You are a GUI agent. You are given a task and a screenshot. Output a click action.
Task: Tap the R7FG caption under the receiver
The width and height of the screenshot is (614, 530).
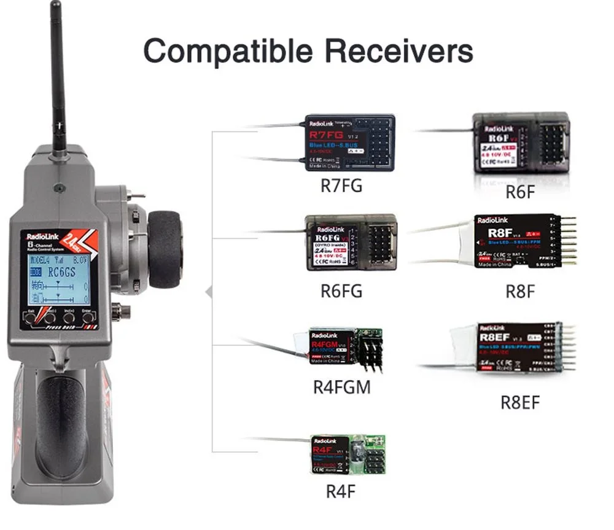pyautogui.click(x=341, y=185)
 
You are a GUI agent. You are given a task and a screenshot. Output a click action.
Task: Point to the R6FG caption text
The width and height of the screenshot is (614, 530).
pyautogui.click(x=341, y=290)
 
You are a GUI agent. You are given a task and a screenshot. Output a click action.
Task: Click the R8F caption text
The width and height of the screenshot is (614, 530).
pyautogui.click(x=520, y=290)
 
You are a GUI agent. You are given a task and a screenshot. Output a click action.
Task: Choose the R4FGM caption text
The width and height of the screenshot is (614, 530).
pyautogui.click(x=341, y=388)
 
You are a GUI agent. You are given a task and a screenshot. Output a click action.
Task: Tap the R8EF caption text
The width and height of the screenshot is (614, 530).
pyautogui.click(x=520, y=403)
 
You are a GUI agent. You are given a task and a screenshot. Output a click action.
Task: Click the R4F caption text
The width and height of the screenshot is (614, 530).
pyautogui.click(x=341, y=491)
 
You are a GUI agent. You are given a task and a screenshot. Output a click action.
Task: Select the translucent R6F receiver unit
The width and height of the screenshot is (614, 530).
pyautogui.click(x=521, y=142)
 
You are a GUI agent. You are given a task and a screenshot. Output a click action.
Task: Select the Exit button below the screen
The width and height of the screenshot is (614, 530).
pyautogui.click(x=31, y=318)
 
